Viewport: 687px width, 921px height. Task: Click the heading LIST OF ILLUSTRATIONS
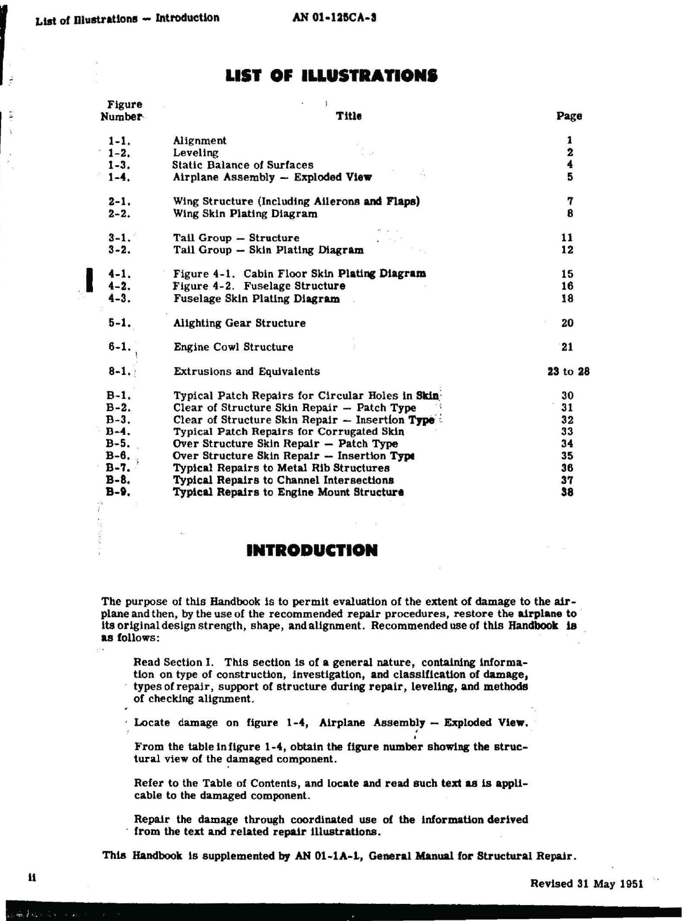pos(331,75)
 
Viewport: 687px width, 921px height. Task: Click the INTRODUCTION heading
pos(312,551)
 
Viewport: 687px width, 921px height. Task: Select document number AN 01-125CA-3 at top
pos(334,18)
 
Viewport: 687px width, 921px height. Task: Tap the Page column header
pos(569,116)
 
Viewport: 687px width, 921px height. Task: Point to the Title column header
pos(348,116)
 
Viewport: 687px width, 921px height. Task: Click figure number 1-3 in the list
pos(119,165)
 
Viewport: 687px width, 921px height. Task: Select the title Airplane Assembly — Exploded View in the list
pos(272,177)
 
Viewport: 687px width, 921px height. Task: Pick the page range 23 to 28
pos(568,372)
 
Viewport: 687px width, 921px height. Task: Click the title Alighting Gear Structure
pos(239,323)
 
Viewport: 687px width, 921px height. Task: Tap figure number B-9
pos(118,492)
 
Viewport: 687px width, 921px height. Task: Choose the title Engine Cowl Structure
pos(233,347)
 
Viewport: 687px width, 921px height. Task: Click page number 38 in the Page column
pos(567,492)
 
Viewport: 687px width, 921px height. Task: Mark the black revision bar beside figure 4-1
pos(89,280)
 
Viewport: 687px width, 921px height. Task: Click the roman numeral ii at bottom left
pos(32,878)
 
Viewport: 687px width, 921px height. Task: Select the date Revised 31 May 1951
pos(587,884)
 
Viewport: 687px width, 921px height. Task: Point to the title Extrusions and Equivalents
pos(247,372)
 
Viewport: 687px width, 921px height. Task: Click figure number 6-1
pos(120,347)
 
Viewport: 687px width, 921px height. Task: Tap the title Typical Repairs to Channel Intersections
pos(283,480)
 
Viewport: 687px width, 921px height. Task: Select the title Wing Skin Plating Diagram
pos(245,214)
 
